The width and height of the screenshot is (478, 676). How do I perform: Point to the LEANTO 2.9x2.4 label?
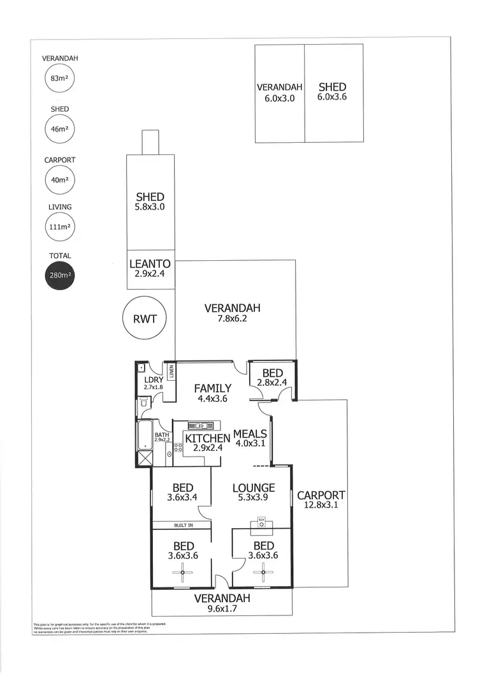[150, 268]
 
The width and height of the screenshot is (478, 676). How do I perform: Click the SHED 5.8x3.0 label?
[150, 202]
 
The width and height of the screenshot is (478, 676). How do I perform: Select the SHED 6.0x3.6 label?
[332, 92]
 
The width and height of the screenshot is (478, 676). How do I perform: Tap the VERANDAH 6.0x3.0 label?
[279, 92]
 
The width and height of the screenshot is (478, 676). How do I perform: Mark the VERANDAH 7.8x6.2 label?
[232, 313]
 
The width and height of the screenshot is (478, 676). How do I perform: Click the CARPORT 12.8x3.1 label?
[321, 499]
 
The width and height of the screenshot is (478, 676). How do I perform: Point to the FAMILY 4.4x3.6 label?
[213, 393]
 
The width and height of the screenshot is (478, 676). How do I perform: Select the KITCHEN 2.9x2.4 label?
[207, 443]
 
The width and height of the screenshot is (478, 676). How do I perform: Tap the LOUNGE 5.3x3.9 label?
[253, 493]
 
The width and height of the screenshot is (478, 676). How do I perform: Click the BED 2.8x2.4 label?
[272, 378]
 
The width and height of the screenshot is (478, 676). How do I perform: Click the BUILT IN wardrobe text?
[182, 525]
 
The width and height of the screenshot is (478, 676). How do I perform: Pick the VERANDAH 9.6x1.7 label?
[222, 603]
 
